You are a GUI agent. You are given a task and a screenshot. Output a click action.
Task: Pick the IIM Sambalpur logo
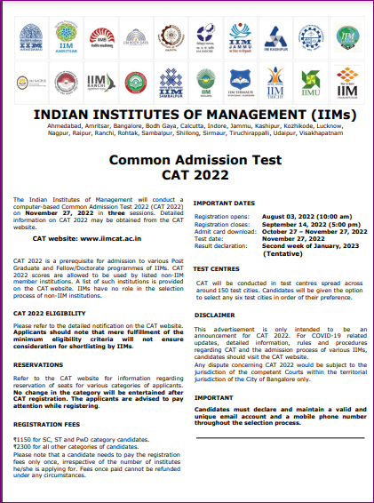(x=169, y=84)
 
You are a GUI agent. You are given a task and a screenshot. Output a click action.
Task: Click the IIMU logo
(x=310, y=84)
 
